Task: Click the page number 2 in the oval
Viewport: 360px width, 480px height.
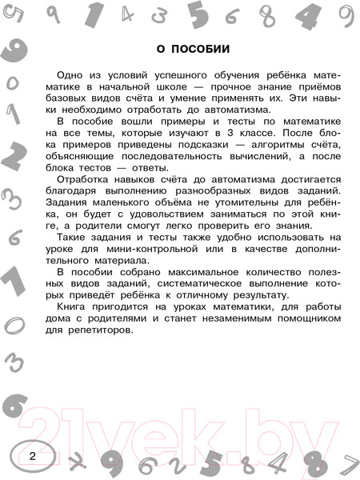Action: tap(32, 457)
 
